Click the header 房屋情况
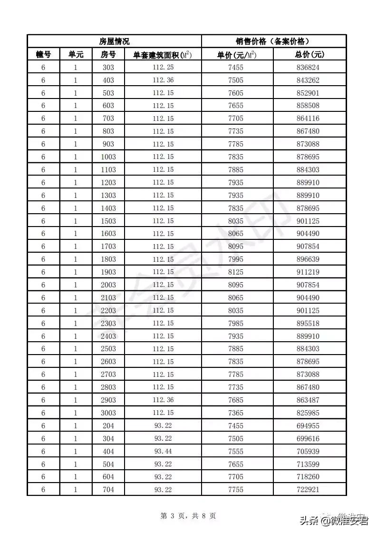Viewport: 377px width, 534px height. [114, 41]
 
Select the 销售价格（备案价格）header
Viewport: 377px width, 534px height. [274, 41]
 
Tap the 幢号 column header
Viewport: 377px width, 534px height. [43, 55]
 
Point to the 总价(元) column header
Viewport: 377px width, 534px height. [309, 55]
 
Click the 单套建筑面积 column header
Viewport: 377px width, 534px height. [163, 55]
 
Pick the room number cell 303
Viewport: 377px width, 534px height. [108, 68]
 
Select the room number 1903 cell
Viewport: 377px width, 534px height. [108, 272]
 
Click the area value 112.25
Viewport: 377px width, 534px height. [163, 68]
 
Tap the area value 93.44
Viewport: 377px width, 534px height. [163, 451]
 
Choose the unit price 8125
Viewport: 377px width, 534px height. [236, 272]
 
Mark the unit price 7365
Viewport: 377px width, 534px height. [236, 413]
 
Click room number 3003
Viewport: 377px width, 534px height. [108, 413]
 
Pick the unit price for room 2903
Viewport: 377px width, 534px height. [236, 400]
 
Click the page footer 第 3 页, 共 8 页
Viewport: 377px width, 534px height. [188, 515]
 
